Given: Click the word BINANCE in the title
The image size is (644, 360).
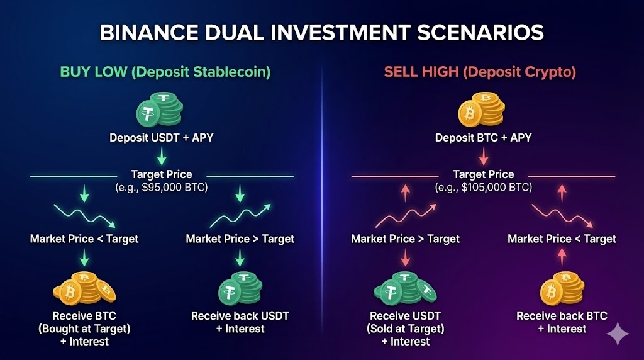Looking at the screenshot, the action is coord(149,33).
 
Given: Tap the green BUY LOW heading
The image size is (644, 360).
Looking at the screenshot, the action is coord(94,72).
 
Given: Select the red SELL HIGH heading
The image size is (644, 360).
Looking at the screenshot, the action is coord(421,72).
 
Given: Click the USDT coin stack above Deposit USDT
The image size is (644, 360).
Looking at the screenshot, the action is coord(159,110).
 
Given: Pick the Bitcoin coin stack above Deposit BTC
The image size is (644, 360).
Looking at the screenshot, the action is coord(481,110).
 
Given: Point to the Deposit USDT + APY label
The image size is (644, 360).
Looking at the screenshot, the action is coord(162,138).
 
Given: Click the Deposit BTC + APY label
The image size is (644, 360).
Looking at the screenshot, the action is coord(484,138).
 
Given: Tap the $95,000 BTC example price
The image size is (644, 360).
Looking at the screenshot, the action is coord(168,188).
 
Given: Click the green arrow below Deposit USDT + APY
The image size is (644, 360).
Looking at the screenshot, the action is coord(162,157).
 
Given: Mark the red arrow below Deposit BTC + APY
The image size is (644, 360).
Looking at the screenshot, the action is coord(484,157).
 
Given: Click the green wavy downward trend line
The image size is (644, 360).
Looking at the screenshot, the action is coord(85,215).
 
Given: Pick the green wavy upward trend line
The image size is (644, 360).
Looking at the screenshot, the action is coord(240,215).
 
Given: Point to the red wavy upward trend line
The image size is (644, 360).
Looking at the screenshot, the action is coord(406,215).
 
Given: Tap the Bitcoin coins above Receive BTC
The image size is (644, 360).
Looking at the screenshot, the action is coord(84,288).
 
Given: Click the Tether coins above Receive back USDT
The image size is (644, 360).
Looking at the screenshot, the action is coord(240,288).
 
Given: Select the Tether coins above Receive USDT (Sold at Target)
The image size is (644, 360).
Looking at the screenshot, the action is coord(406,288).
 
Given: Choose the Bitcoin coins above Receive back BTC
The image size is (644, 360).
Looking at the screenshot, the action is coord(562,287).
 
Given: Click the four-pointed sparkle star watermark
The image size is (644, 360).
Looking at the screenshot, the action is coord(618,334).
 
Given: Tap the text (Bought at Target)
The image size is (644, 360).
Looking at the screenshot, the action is coord(84,329).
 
